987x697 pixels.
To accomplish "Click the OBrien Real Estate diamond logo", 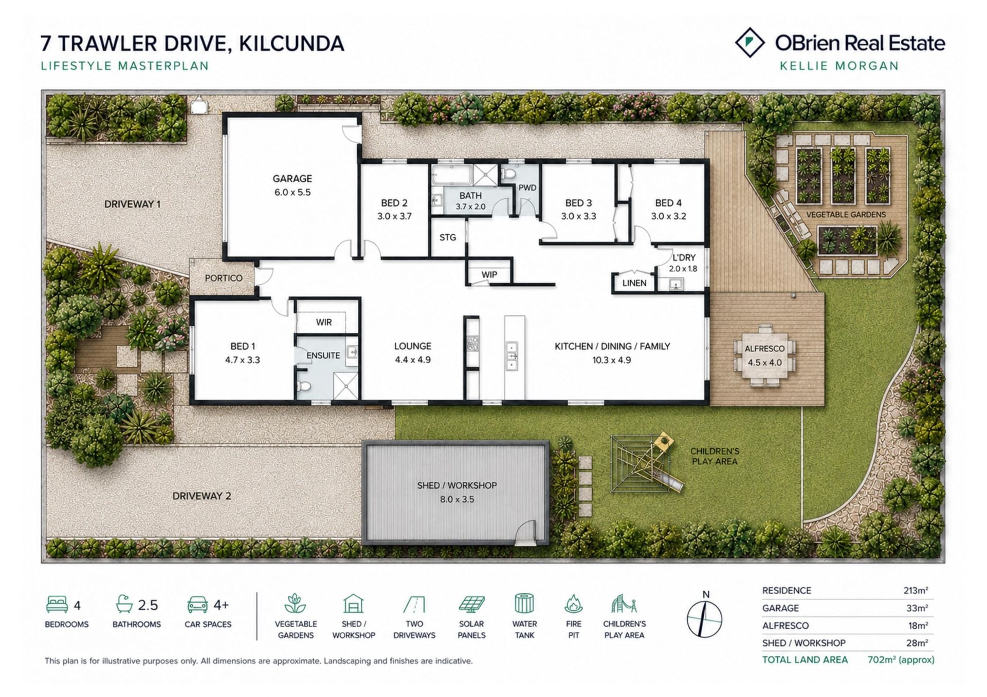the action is (x=750, y=43).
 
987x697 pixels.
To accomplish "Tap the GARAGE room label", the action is (x=292, y=179).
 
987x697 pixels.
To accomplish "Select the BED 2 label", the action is (x=394, y=203).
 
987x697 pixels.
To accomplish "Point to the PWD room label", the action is (x=527, y=188).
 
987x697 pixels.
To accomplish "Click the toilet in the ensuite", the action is (x=304, y=387).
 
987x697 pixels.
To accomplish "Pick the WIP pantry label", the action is (x=489, y=275).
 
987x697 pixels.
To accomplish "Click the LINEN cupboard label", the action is (x=634, y=283).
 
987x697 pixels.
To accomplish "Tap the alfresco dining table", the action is (x=765, y=356).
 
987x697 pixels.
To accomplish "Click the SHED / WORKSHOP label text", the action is (x=457, y=485).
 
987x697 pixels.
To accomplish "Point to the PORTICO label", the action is (x=224, y=278).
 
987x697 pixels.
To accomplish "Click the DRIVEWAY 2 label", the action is (x=202, y=496).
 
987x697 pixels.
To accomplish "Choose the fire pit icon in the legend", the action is (x=573, y=604).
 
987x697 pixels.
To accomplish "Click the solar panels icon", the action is (x=471, y=605).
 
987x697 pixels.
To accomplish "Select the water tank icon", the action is (x=524, y=604).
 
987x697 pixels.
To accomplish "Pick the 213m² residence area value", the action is (x=916, y=591).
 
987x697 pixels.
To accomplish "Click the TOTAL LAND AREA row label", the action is (x=805, y=660).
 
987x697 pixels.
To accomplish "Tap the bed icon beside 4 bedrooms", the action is (x=57, y=604).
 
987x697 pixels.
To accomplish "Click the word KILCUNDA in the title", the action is (x=292, y=44).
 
